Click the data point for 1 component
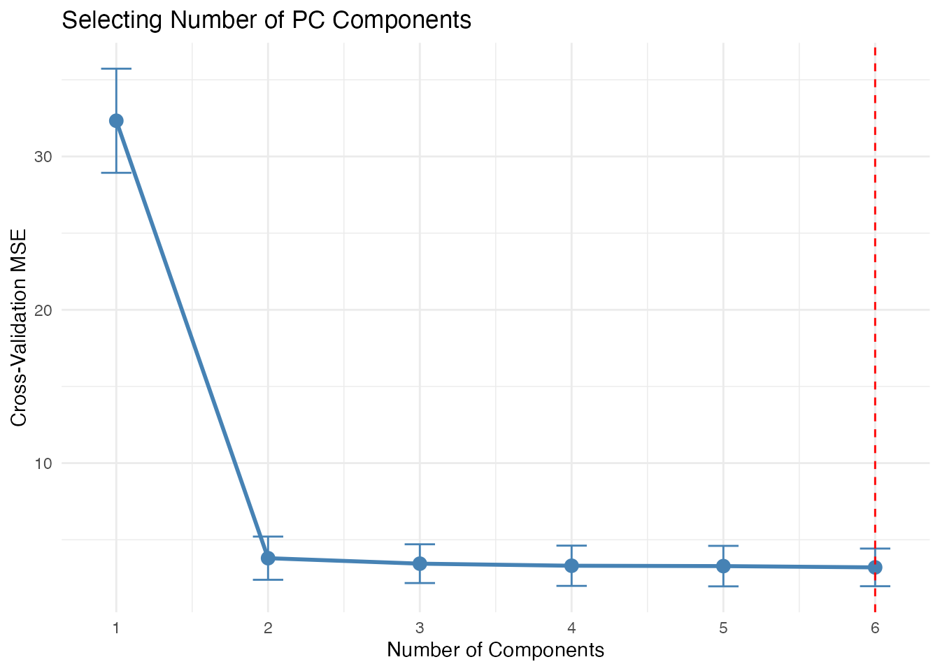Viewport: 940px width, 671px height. pyautogui.click(x=116, y=121)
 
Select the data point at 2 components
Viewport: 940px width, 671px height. pyautogui.click(x=268, y=558)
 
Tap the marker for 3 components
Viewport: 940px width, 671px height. pyautogui.click(x=420, y=563)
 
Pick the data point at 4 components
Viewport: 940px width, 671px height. pyautogui.click(x=571, y=565)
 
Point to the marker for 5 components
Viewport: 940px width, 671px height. pyautogui.click(x=723, y=565)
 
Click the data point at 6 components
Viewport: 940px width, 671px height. pyautogui.click(x=875, y=567)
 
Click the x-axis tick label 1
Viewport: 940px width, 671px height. pyautogui.click(x=116, y=628)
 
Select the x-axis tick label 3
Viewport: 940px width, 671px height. pyautogui.click(x=420, y=628)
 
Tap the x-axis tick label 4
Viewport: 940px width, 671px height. pyautogui.click(x=571, y=628)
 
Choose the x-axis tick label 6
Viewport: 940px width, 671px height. pyautogui.click(x=875, y=628)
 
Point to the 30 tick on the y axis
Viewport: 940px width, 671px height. pyautogui.click(x=43, y=157)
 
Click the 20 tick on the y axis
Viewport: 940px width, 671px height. pyautogui.click(x=43, y=310)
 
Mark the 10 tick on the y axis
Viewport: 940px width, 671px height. pyautogui.click(x=43, y=463)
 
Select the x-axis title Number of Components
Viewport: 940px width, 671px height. pyautogui.click(x=495, y=650)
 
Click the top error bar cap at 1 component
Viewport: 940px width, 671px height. pyautogui.click(x=116, y=68)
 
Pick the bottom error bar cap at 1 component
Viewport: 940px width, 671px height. pyautogui.click(x=116, y=173)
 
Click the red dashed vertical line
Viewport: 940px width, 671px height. pyautogui.click(x=875, y=280)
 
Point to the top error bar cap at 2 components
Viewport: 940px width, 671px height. pyautogui.click(x=268, y=536)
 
